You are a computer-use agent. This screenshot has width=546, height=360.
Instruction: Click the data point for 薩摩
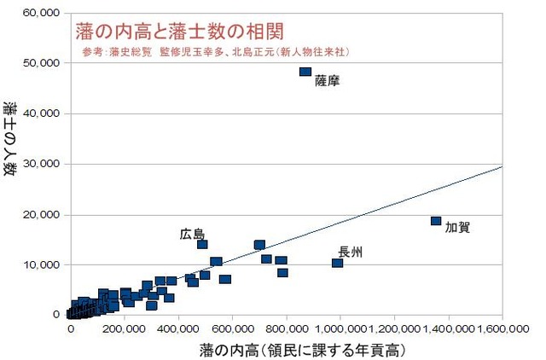click(x=305, y=72)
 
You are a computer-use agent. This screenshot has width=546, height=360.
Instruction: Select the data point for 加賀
click(x=436, y=221)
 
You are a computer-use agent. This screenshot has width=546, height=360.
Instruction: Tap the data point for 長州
click(x=337, y=263)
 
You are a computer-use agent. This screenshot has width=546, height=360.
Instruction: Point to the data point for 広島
click(x=202, y=245)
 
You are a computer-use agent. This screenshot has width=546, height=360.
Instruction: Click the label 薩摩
click(x=328, y=82)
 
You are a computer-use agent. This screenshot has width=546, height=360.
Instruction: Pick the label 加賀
click(x=458, y=228)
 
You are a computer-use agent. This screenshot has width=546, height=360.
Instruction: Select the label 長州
click(x=351, y=252)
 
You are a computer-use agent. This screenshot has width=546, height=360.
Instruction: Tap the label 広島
click(x=192, y=233)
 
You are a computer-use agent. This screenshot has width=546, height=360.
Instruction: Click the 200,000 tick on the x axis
click(x=125, y=328)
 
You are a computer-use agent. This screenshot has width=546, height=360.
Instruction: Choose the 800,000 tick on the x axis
click(x=287, y=328)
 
